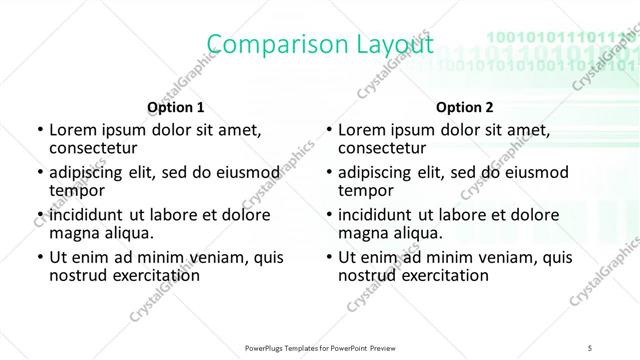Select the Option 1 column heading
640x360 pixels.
click(x=176, y=106)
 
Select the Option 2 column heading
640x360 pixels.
click(x=465, y=106)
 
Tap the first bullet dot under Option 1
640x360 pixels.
click(x=39, y=131)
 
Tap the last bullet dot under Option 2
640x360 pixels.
click(x=328, y=258)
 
